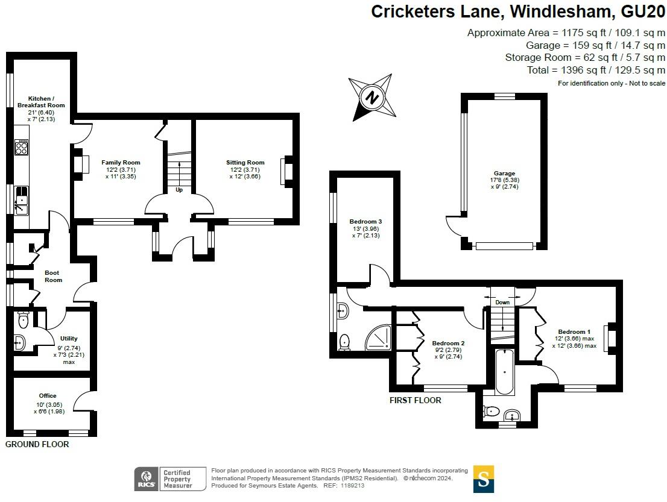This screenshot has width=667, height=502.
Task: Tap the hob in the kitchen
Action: coord(22,148)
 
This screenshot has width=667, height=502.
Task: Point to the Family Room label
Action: coord(121,163)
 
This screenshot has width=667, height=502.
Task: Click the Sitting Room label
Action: coord(245,163)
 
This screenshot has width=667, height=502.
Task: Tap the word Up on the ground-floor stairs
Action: coord(179,190)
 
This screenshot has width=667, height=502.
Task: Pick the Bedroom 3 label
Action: coord(365,222)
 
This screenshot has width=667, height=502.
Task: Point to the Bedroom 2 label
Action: coord(448,343)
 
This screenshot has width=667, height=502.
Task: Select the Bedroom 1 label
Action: coord(574,332)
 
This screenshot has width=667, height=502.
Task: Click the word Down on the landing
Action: coord(502,302)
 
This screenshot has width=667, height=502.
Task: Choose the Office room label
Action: coord(48,396)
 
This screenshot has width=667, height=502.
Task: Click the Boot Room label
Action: coord(54,276)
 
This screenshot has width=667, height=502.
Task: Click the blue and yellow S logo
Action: coord(483,478)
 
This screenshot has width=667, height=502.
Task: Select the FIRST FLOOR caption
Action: coord(415,400)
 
